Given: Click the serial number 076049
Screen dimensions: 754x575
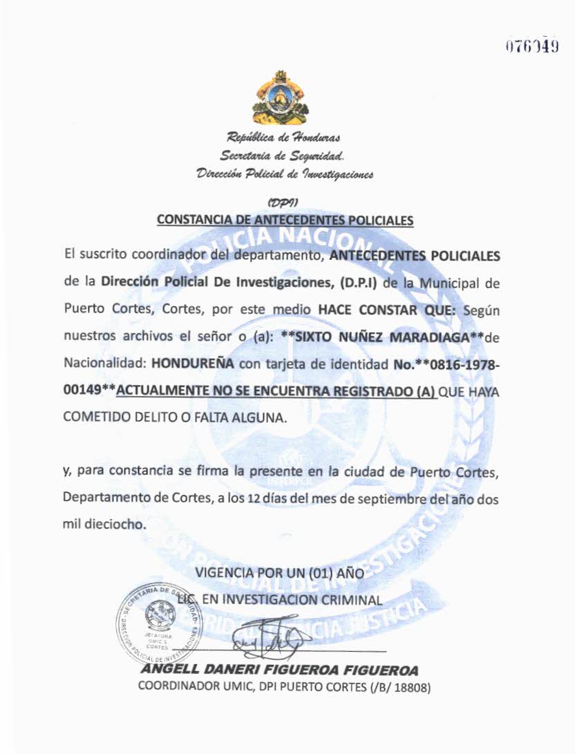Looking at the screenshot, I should pos(531,47).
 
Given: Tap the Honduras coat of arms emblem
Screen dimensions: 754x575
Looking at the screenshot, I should pos(281,99).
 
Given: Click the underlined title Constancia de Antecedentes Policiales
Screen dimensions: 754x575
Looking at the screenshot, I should pos(285,220).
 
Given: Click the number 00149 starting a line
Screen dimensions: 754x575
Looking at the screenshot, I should pos(81,392).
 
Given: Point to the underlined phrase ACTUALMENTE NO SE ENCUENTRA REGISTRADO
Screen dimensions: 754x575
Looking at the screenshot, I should pos(276,392).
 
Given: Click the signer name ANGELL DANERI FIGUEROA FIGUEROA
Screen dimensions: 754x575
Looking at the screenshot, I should pos(279,670).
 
